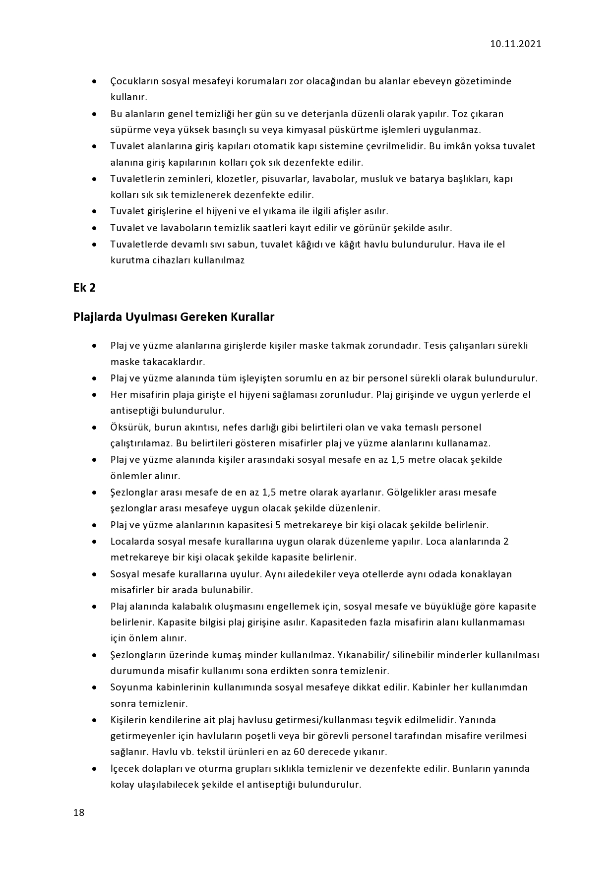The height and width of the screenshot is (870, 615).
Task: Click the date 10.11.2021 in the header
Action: [x=515, y=44]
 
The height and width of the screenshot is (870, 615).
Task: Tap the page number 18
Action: [x=79, y=812]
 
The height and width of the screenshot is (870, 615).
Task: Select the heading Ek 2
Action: [x=84, y=288]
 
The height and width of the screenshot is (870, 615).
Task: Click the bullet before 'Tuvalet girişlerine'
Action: [x=94, y=212]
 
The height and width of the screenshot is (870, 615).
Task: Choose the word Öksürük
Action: [x=129, y=427]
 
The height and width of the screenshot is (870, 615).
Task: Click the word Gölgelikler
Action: [x=416, y=492]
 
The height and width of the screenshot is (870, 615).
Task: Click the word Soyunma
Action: [x=128, y=687]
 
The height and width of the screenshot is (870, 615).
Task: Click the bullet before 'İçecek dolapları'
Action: [x=94, y=769]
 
